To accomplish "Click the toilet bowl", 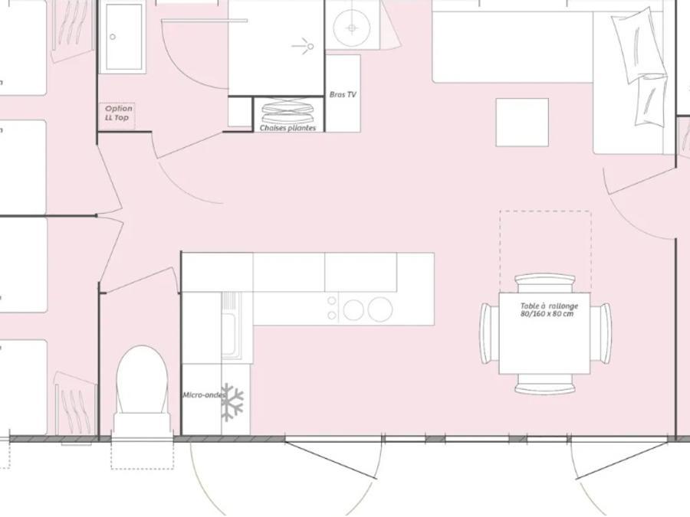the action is coord(142,380).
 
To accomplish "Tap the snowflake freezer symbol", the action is coord(232,402).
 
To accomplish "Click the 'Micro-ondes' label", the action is coord(204,395).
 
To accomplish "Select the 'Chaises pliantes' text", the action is coord(287,128).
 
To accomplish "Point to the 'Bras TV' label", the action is coord(343,94).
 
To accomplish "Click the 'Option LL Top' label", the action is coord(118,113).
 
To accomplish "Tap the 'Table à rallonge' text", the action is coord(549,306).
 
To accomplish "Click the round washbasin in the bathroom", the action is coord(352,28).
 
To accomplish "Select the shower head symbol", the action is coord(304,46).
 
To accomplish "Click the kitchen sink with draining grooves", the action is coord(230,325).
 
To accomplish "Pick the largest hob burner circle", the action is coord(380,309).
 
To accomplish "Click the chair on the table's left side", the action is coord(489,333).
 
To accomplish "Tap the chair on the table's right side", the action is coord(600,333).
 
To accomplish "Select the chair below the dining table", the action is coord(545,384).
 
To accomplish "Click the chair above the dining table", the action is coord(545,283).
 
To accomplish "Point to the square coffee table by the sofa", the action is coord(522,123).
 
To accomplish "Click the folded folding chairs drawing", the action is coord(288,112).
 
